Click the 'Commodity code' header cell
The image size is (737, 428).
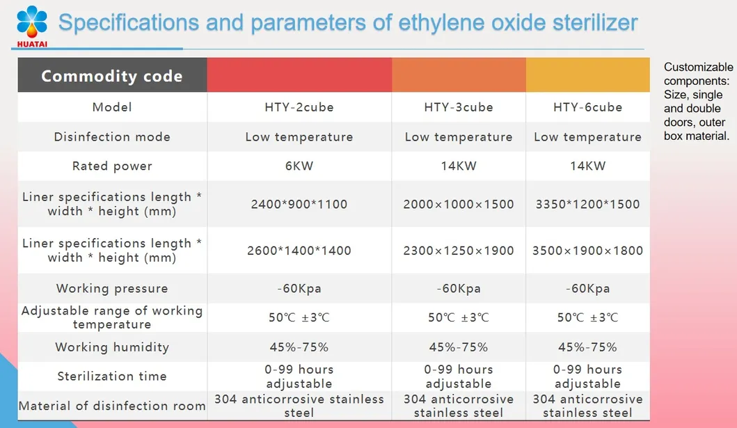coord(111,76)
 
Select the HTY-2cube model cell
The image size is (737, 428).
coord(299,107)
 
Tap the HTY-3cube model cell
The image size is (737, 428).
coord(458,107)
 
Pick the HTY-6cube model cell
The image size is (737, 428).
coord(587,107)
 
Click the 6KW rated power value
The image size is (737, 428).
coord(299,166)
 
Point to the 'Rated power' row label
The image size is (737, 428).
coord(111,166)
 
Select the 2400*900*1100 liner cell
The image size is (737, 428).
coord(299,204)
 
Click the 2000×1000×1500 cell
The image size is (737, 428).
coord(458,204)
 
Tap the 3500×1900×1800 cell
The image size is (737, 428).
coord(587,250)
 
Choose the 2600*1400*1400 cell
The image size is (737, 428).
coord(299,250)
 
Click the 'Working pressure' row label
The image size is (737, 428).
coord(111,288)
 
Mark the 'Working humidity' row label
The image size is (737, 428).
coord(111,347)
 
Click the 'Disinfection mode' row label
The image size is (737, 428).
coord(111,136)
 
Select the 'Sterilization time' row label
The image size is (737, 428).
coord(111,376)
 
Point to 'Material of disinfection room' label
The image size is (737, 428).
coord(111,406)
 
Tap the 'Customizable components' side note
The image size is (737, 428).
coord(698,102)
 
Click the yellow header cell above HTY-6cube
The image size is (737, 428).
coord(587,75)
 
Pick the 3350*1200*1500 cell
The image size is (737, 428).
coord(587,204)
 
